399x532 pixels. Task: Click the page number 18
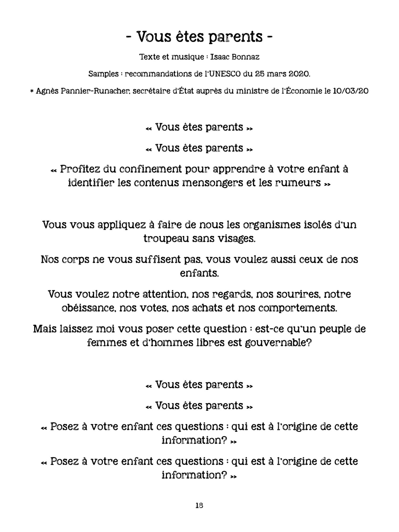pyautogui.click(x=199, y=505)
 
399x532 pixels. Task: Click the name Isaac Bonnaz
pyautogui.click(x=235, y=57)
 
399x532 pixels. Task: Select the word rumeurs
pyautogui.click(x=298, y=183)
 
